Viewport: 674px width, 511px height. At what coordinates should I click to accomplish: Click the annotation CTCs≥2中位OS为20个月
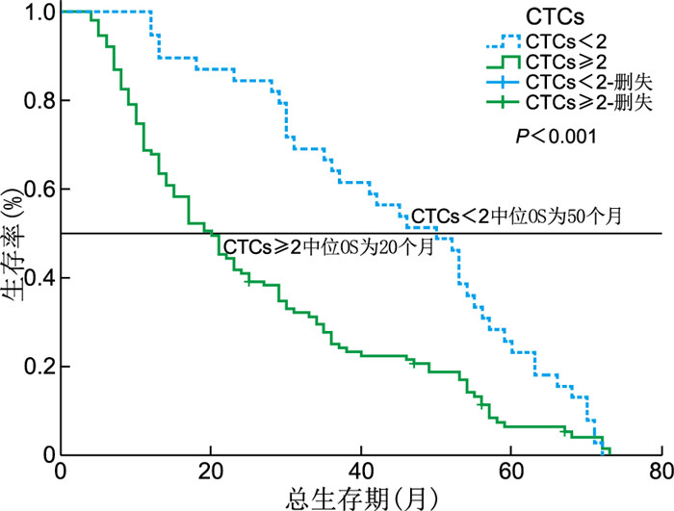pos(326,246)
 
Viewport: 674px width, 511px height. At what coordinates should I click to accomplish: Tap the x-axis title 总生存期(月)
pos(361,497)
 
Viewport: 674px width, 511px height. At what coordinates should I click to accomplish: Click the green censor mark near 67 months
pos(564,431)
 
